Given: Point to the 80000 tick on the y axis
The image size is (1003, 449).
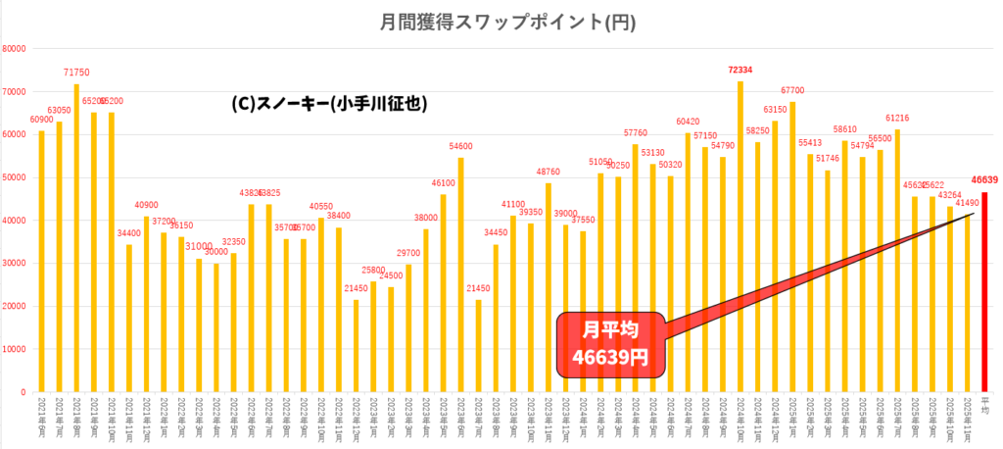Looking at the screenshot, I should (x=15, y=49).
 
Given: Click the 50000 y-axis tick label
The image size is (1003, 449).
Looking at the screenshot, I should (x=15, y=177).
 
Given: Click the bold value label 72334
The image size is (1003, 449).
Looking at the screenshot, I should (x=740, y=71).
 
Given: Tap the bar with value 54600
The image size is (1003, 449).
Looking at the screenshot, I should (x=461, y=274).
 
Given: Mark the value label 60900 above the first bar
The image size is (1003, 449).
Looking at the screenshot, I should (x=41, y=120).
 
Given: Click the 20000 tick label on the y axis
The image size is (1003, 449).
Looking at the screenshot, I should (x=15, y=306).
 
